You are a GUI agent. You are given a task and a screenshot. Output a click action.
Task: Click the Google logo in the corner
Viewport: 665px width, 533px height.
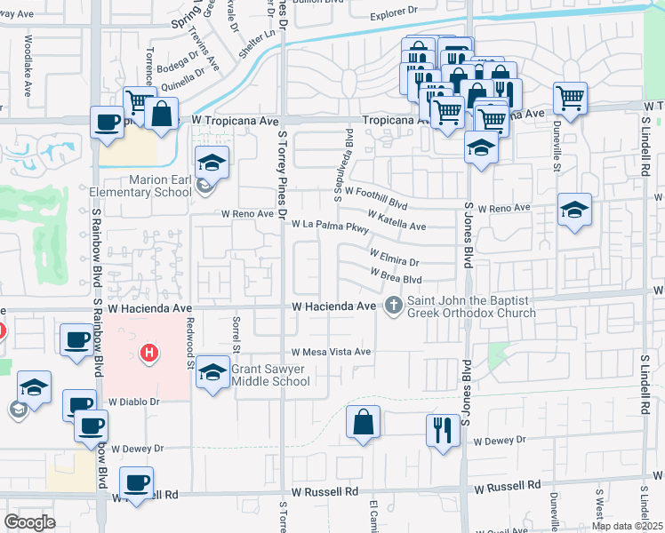point(30,522)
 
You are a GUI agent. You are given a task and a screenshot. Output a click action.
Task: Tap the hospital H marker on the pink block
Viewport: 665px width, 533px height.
point(150,354)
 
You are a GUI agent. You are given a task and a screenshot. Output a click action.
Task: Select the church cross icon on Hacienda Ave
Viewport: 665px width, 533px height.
point(393,306)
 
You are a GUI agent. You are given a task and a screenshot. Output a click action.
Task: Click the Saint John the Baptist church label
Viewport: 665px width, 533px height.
point(471,306)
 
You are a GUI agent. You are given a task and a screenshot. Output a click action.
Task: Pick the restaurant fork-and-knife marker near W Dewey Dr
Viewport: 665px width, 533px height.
point(443,430)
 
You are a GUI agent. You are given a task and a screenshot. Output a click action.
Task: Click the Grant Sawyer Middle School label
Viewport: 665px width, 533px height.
point(270,375)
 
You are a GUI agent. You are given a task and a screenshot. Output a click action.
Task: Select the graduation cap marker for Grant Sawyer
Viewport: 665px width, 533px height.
point(212,372)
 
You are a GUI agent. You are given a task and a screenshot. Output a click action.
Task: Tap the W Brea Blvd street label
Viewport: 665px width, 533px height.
point(395,277)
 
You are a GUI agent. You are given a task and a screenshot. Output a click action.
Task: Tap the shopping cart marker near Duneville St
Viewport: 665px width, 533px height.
point(570,97)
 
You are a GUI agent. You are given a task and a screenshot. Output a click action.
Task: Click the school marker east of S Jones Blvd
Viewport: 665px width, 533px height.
point(574,211)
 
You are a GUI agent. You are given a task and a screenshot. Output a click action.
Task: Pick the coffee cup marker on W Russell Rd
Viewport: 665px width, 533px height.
point(136,483)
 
